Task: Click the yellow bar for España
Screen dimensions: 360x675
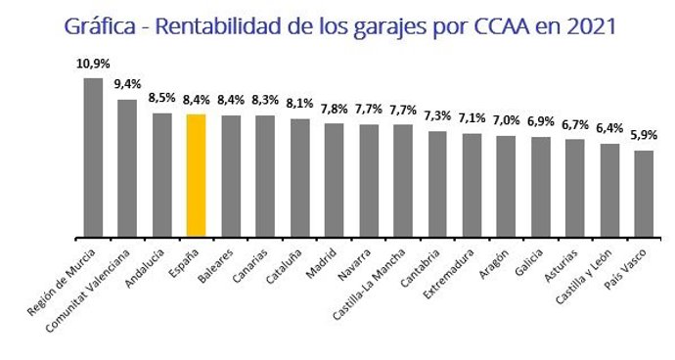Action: [196, 175]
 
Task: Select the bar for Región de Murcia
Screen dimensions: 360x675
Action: [93, 157]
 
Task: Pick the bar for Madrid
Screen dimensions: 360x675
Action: [334, 180]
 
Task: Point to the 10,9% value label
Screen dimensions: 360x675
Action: [92, 64]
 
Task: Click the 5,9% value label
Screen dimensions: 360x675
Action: [644, 136]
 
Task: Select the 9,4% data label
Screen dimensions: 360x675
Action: [127, 84]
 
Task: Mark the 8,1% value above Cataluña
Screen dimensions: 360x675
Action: [299, 104]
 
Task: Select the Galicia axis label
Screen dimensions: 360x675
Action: [529, 260]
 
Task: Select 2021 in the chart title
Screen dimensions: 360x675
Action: [587, 25]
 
